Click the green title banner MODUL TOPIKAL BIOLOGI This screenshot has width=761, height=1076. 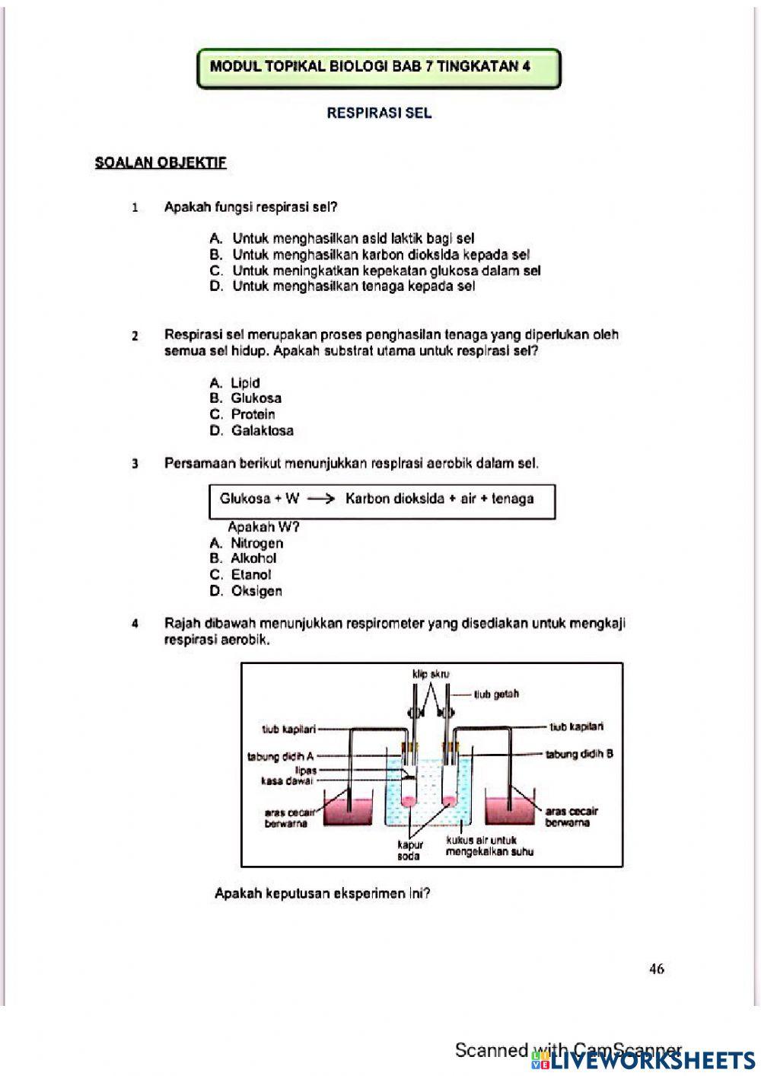point(378,67)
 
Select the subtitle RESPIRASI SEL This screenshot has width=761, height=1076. point(379,113)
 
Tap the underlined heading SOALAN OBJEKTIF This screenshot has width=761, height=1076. point(161,162)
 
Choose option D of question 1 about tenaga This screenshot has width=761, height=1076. point(353,286)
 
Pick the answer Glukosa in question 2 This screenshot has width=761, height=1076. point(256,398)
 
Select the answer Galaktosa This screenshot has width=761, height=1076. point(262,430)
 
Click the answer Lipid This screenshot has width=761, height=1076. point(245,383)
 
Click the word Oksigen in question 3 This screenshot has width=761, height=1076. point(256,591)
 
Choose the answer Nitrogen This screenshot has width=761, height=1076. point(256,543)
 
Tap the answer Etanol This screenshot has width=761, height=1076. point(250,575)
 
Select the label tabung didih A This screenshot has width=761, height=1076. point(280,756)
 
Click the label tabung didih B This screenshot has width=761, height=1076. point(579,754)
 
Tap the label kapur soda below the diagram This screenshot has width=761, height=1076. point(409,851)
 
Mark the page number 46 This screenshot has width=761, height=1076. point(657,969)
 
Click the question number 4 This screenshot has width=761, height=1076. point(135,624)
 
